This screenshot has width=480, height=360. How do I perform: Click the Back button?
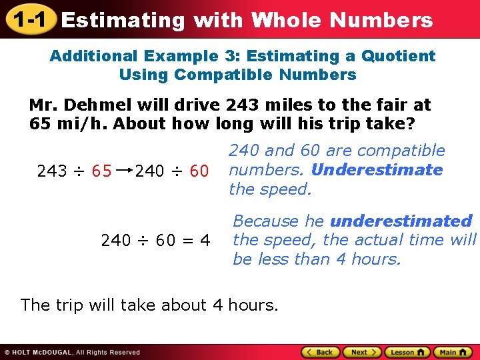321,352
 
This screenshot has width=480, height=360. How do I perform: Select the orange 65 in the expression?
101,171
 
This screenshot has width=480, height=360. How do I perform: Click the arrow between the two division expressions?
123,171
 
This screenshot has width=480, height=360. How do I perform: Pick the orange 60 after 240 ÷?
199,171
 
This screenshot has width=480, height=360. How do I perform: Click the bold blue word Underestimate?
377,169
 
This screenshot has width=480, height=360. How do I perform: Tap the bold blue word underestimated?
401,221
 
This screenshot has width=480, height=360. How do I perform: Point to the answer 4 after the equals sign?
205,239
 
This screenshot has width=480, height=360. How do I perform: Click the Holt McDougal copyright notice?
72,352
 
